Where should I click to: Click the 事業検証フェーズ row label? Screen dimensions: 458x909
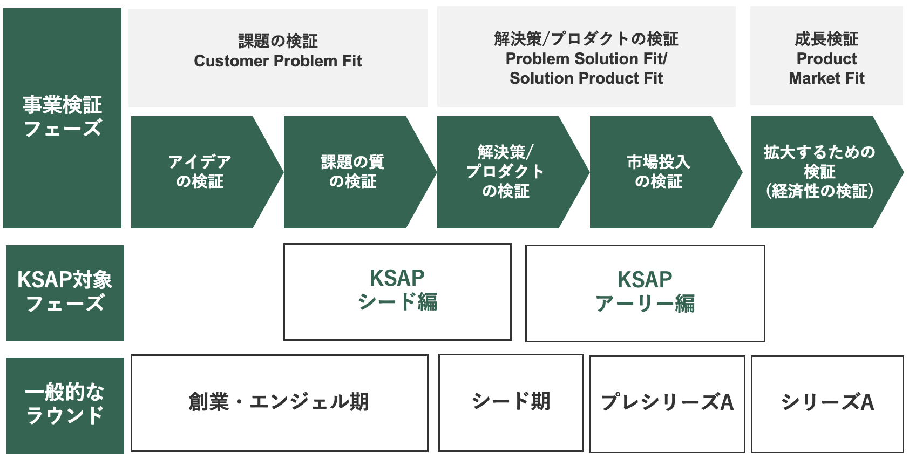(62, 117)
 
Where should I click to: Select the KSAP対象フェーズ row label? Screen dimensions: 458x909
(65, 292)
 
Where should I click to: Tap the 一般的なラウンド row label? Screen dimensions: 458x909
(65, 405)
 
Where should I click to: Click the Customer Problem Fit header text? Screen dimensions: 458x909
(277, 61)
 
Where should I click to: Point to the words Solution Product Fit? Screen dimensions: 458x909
(586, 78)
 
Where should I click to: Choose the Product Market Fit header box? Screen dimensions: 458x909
(826, 57)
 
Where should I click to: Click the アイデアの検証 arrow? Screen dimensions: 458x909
(200, 172)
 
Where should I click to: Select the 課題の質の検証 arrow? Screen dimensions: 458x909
(352, 172)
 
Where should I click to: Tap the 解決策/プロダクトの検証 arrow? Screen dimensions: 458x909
(505, 172)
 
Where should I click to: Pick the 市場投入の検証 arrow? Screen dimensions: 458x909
(659, 172)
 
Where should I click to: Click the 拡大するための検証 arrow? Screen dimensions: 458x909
(819, 172)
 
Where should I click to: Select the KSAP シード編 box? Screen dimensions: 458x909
(397, 292)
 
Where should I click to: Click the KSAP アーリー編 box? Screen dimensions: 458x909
(645, 293)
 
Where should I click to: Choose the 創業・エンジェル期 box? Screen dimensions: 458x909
(279, 402)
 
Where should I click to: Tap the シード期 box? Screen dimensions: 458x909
(511, 402)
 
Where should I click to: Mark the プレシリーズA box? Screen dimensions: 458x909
(667, 403)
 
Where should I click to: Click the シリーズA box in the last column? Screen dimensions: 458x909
(827, 403)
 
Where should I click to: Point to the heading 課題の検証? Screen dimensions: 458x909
(278, 41)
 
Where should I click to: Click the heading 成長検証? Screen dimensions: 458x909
(826, 39)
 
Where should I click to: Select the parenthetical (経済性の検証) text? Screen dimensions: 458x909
(819, 191)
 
